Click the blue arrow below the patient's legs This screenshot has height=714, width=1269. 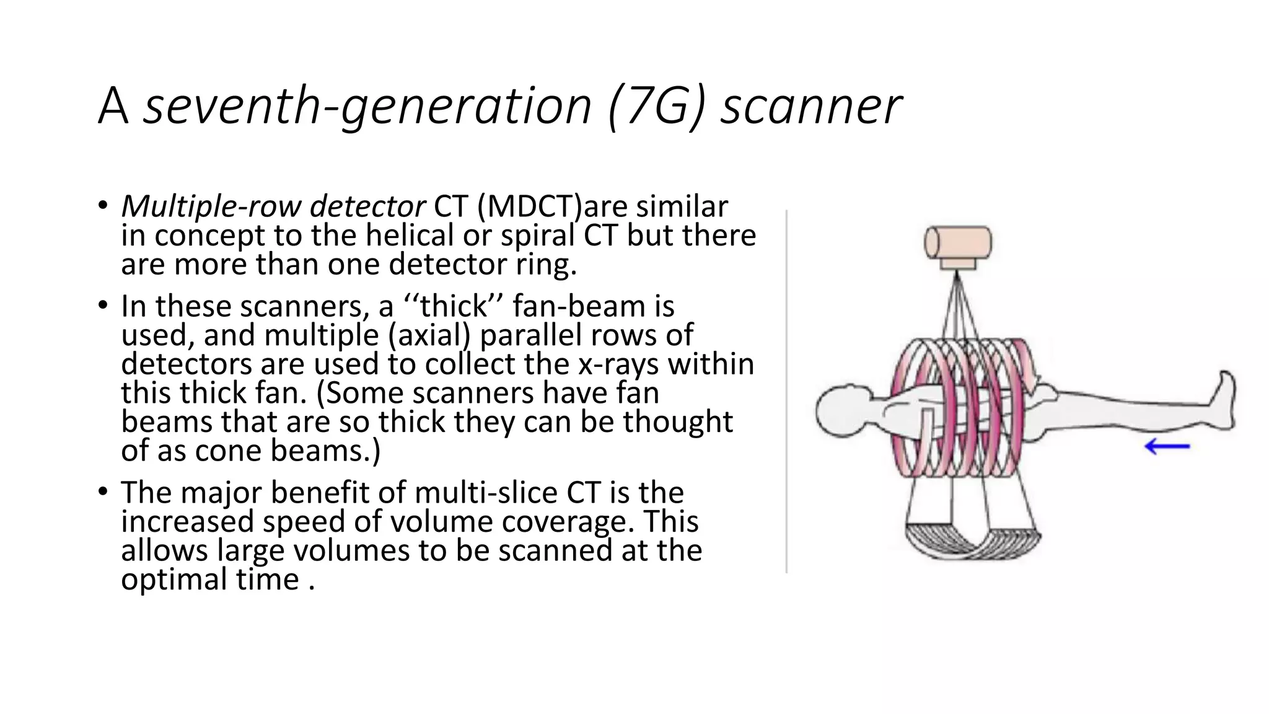(x=1167, y=446)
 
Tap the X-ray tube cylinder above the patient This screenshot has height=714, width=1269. (x=958, y=242)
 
